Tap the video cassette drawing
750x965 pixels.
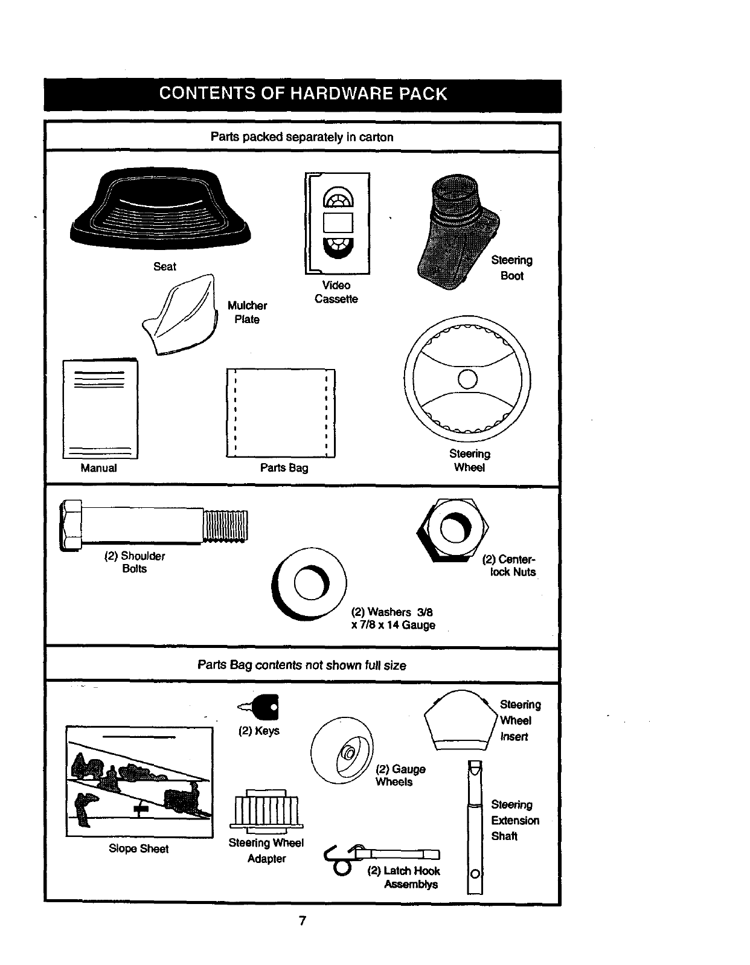point(338,223)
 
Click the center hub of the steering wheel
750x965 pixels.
point(467,379)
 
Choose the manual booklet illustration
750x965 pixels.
point(100,409)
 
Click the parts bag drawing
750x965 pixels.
point(280,412)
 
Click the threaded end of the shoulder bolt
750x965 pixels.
point(225,525)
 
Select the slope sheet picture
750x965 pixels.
point(139,781)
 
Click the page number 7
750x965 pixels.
point(303,921)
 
